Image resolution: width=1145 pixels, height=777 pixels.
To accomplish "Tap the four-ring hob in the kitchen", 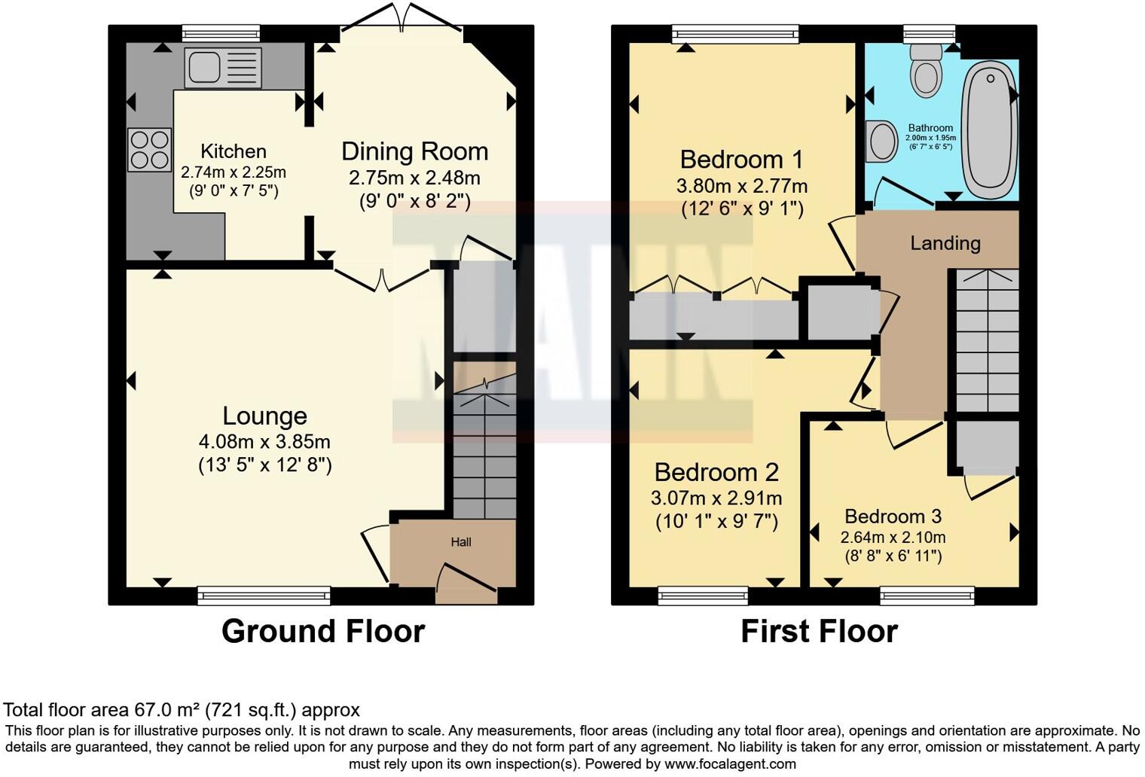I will (x=149, y=150).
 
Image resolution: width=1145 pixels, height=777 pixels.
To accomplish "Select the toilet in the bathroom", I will (x=926, y=70).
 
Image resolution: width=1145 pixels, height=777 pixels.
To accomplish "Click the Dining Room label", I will (x=414, y=151).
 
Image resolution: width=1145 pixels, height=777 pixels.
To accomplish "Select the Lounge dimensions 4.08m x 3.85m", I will (x=264, y=442).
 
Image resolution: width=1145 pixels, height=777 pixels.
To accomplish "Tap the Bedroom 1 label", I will (x=741, y=160).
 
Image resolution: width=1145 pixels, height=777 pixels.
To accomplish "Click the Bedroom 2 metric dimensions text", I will (x=716, y=498).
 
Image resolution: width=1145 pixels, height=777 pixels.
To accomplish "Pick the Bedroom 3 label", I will (x=893, y=516).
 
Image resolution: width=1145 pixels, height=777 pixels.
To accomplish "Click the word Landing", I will (x=945, y=243).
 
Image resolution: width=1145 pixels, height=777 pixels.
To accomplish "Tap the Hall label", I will (x=461, y=542).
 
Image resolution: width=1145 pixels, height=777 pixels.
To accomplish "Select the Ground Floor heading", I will (x=323, y=631).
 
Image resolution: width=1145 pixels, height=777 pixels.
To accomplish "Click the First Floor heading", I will (x=819, y=631).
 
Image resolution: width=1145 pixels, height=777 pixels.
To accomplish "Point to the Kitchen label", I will (x=234, y=151).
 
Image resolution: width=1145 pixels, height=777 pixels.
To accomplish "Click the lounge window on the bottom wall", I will (x=264, y=596).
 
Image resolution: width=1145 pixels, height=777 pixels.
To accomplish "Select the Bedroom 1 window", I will (x=734, y=32).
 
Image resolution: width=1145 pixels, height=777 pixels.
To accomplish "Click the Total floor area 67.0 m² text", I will (x=182, y=709).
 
